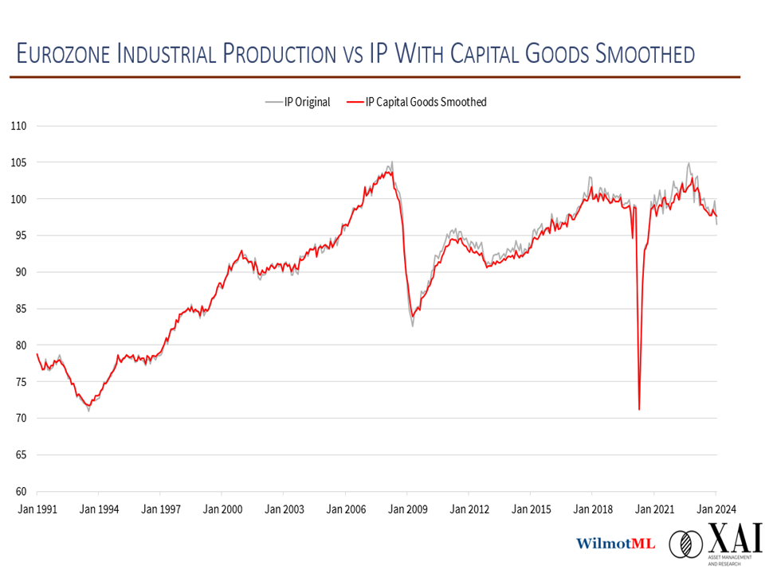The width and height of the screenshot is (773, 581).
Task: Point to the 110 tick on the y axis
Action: [x=18, y=126]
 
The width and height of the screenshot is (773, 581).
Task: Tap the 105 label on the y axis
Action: [x=18, y=162]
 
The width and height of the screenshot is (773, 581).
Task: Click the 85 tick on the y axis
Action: [x=18, y=309]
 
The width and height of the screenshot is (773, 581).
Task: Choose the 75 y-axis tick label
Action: [x=18, y=382]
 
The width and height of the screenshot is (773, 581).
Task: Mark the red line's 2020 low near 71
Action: [x=639, y=409]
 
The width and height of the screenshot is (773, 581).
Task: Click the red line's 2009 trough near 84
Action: [x=412, y=316]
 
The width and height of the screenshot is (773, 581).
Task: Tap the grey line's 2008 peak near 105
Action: [x=392, y=162]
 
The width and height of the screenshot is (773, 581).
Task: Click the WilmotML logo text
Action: [x=615, y=544]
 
